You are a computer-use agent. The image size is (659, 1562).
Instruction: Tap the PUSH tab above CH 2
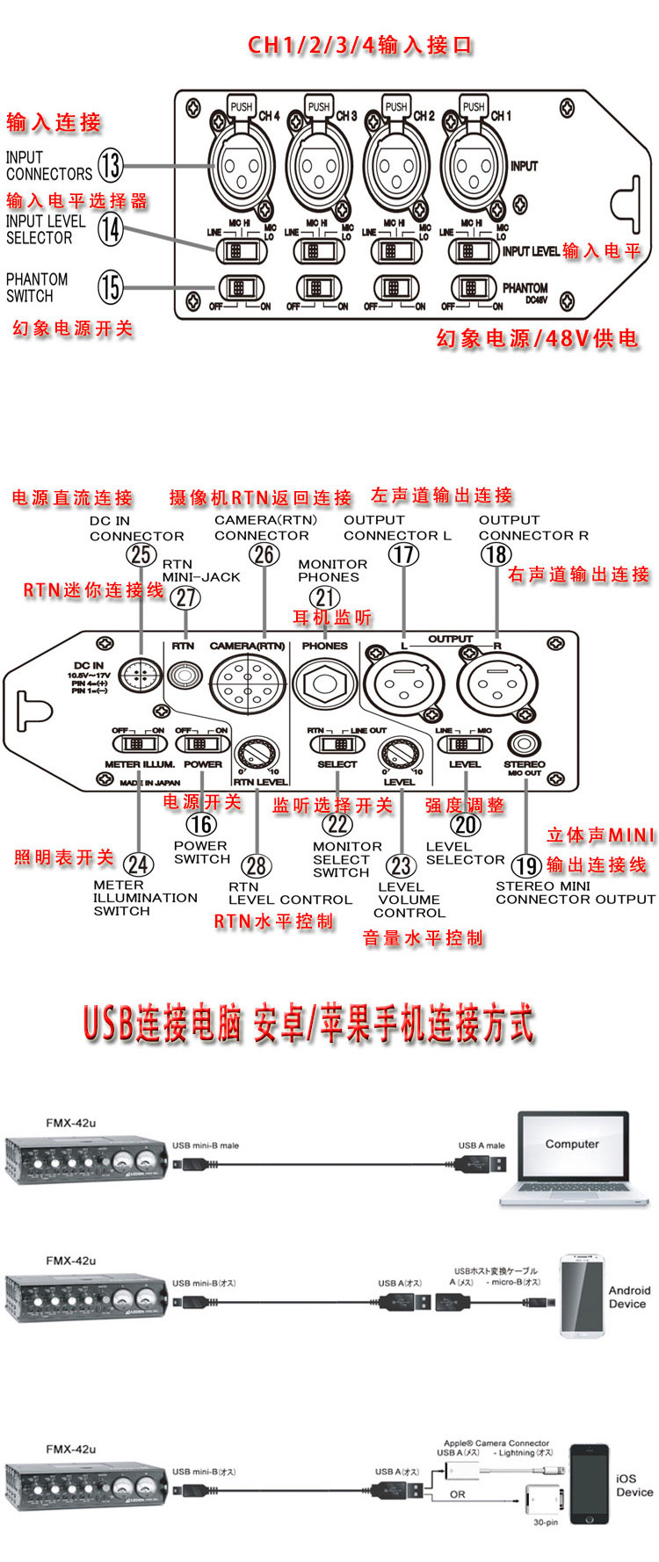(x=396, y=107)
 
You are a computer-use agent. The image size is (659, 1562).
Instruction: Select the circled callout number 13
(x=110, y=165)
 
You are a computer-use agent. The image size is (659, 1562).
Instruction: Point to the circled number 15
(x=110, y=286)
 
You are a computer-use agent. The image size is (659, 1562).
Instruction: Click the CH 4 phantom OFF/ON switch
(x=240, y=288)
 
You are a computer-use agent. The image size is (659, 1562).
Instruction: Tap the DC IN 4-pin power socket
(x=140, y=676)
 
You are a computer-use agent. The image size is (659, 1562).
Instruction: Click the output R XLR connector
(x=495, y=684)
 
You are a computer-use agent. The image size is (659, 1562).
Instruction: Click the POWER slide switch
(x=202, y=744)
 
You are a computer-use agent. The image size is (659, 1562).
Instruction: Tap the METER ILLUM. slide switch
(x=139, y=744)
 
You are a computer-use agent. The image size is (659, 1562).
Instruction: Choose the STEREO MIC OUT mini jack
(x=525, y=744)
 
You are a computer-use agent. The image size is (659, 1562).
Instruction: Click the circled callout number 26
(x=264, y=555)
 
